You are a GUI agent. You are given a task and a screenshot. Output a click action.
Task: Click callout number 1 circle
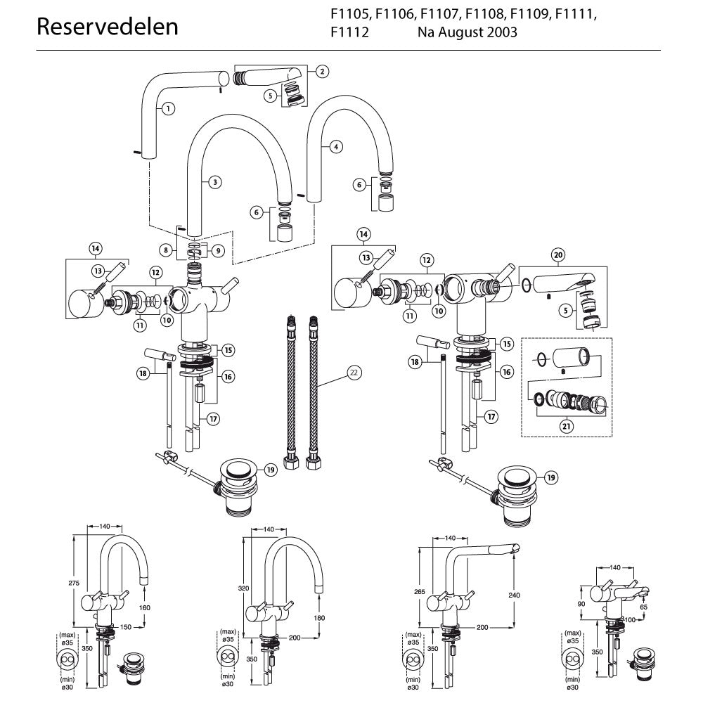point(168,108)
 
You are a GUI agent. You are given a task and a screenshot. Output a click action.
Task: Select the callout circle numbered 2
point(321,71)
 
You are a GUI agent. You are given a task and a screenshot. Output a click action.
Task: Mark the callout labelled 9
point(217,250)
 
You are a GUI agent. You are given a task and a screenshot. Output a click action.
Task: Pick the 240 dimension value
point(514,595)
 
